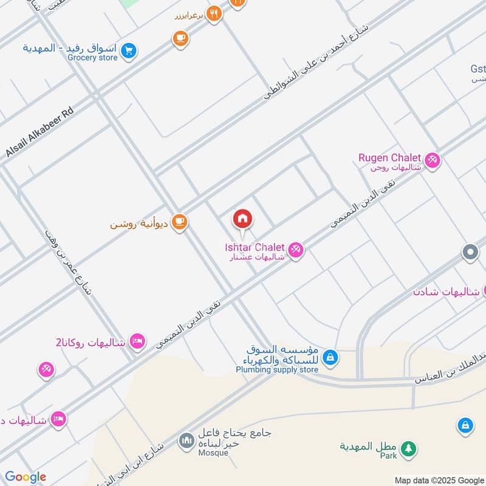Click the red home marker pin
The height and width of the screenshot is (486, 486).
pos(242,219)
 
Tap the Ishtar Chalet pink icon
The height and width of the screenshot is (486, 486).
pos(295,249)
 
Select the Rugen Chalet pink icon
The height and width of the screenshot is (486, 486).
pos(433,160)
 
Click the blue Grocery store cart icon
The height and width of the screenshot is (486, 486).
pos(128,51)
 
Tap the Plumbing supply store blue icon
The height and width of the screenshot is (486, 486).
pos(330,357)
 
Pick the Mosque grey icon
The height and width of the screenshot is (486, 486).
pos(187,439)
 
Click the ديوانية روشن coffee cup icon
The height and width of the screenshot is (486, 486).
pos(179,222)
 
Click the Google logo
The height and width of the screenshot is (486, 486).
pos(26,477)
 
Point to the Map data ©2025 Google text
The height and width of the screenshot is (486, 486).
pos(439,480)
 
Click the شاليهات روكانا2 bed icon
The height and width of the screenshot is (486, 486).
pos(137,341)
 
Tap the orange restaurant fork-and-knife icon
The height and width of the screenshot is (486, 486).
pos(213,13)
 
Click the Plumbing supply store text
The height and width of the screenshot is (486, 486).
pos(277,369)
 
